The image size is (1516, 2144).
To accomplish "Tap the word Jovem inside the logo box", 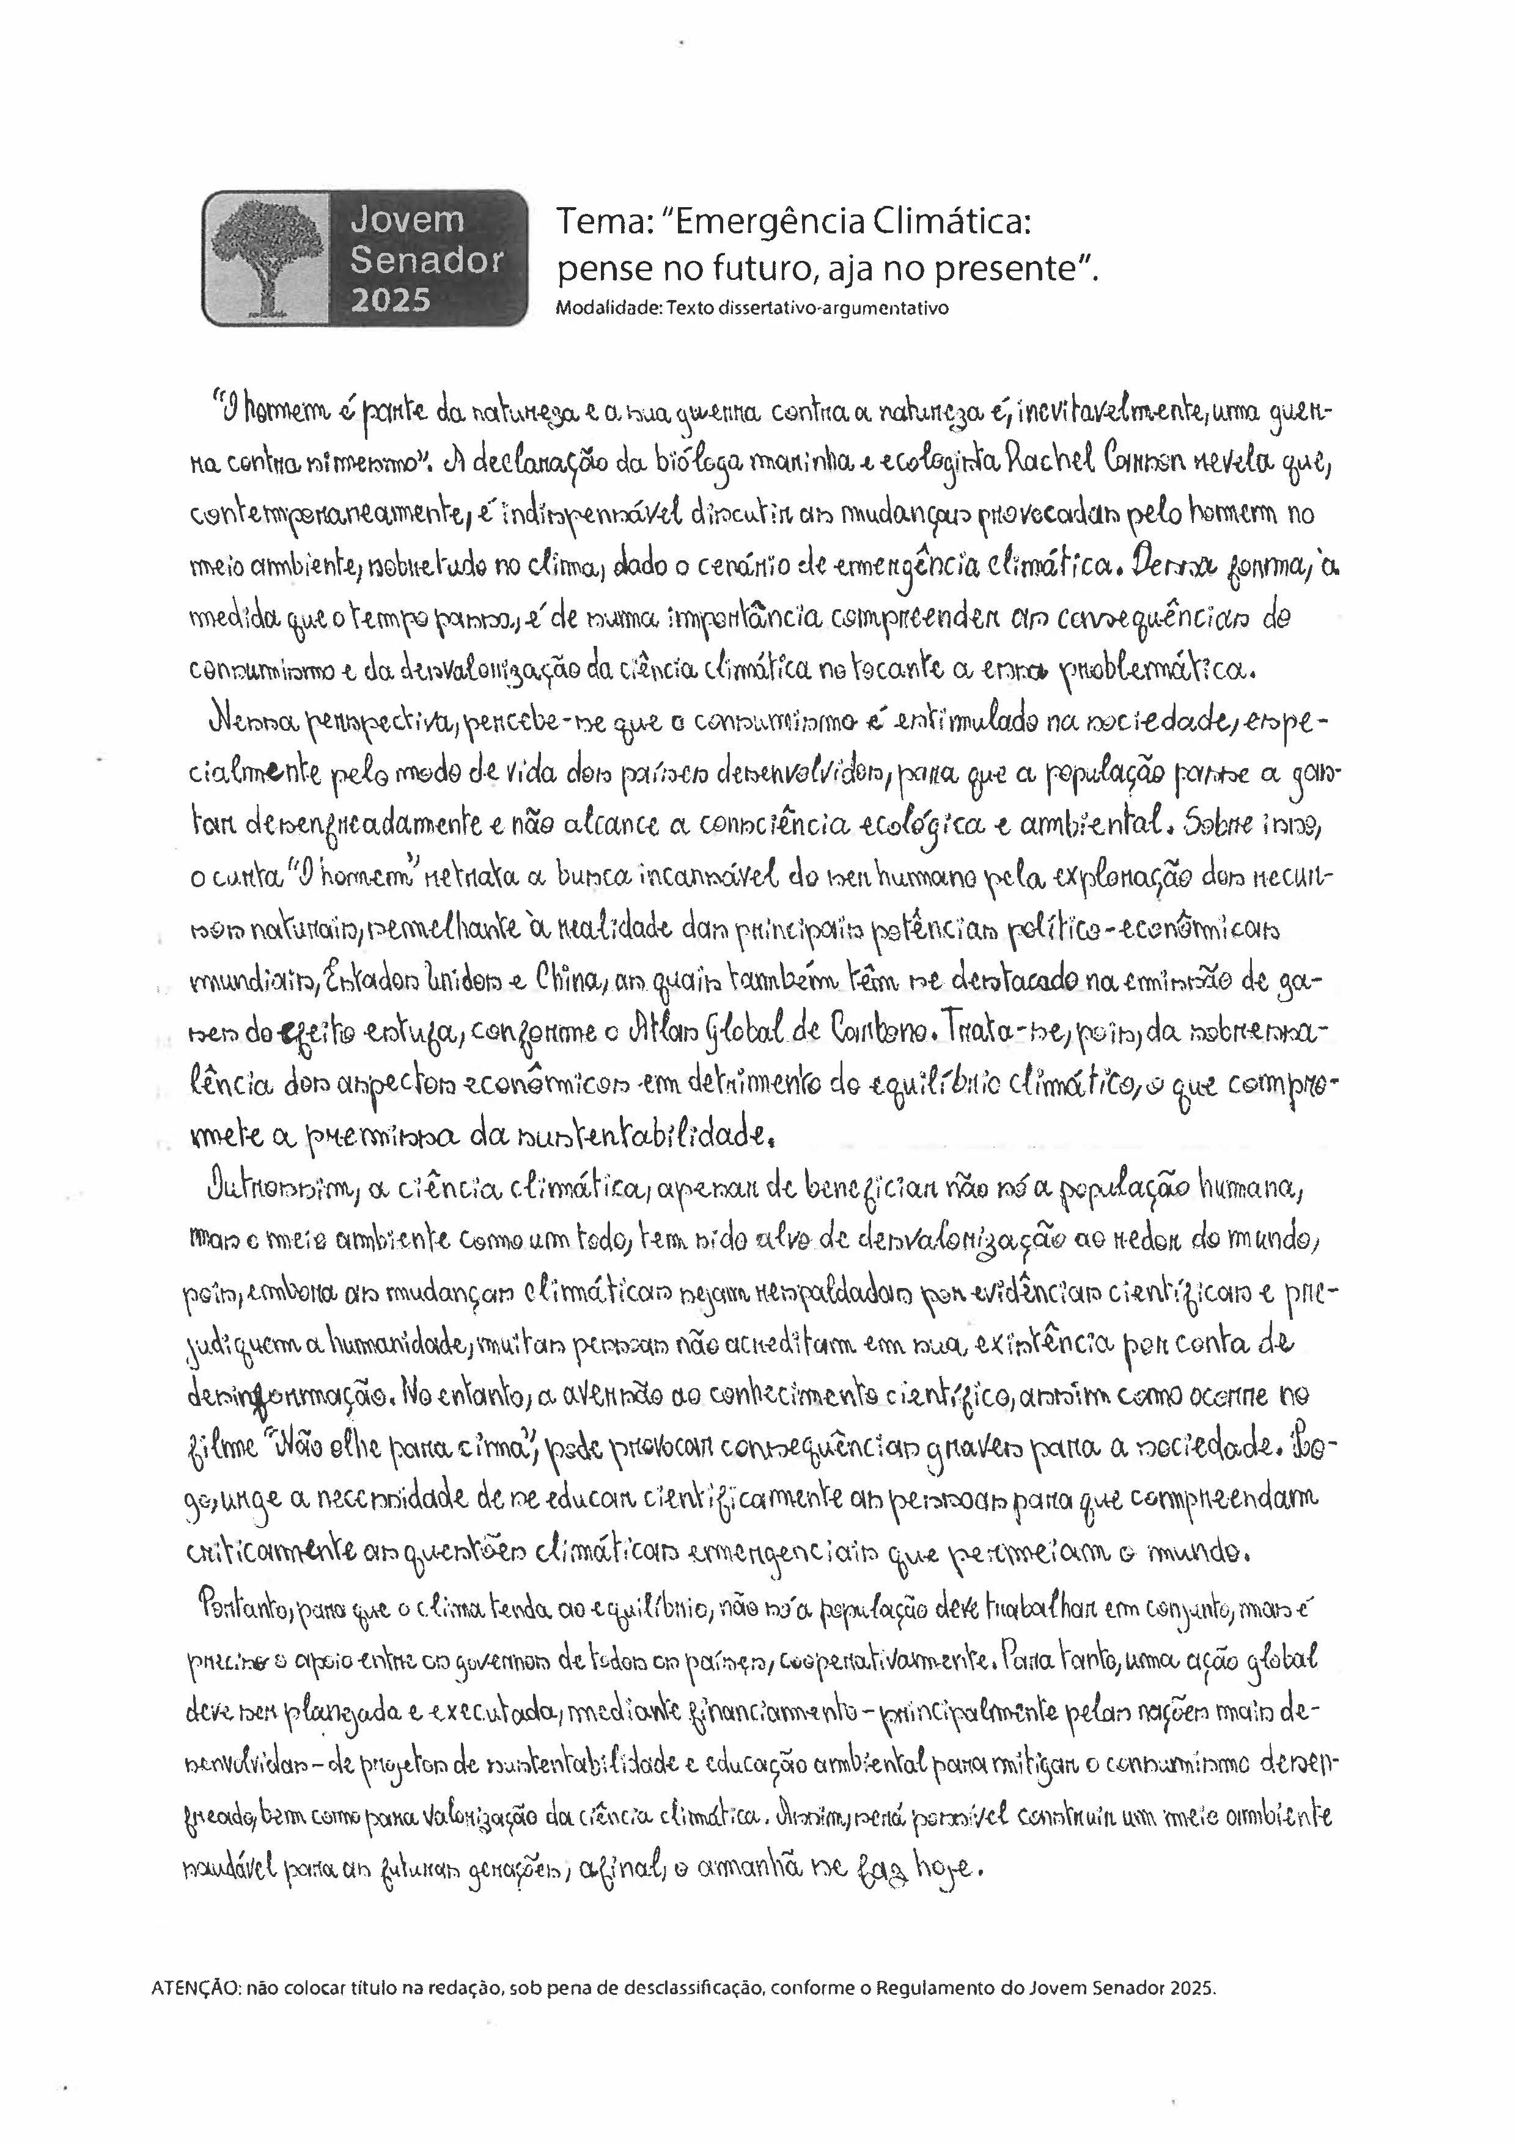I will pyautogui.click(x=407, y=221).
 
